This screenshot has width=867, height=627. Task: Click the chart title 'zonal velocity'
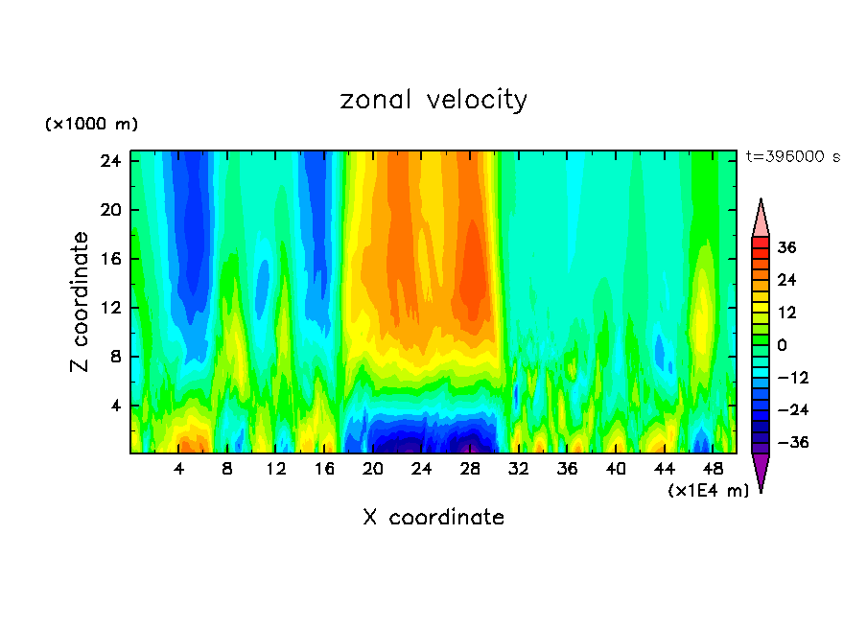click(x=433, y=100)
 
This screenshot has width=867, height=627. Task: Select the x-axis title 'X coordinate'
click(x=433, y=518)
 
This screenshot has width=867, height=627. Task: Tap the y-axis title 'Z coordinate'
click(x=81, y=302)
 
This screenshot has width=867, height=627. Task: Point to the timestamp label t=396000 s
click(x=792, y=156)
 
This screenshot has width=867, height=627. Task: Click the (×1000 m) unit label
click(x=91, y=125)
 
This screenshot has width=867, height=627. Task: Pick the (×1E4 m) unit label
click(x=708, y=491)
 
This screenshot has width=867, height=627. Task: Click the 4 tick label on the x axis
click(x=179, y=470)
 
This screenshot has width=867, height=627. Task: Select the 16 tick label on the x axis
click(x=324, y=470)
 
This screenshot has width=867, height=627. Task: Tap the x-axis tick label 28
click(x=470, y=470)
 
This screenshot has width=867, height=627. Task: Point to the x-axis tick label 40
click(x=616, y=470)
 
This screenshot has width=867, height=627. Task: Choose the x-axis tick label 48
click(x=713, y=470)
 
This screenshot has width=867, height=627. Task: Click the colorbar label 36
click(x=786, y=247)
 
